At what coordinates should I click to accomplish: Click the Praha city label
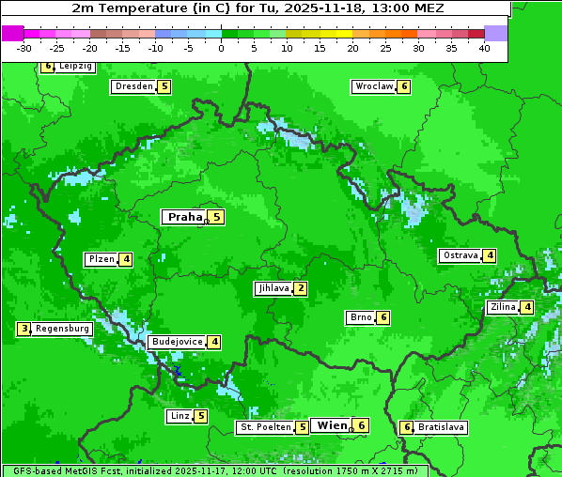[x=184, y=217]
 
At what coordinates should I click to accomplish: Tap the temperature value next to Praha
[x=216, y=217]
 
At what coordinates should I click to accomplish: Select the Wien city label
[x=331, y=425]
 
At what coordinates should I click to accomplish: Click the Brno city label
[x=360, y=317]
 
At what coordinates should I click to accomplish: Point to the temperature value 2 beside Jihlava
[x=300, y=288]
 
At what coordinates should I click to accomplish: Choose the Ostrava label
[x=460, y=255]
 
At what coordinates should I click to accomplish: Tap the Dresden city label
[x=133, y=86]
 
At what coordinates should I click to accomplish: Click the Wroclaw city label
[x=373, y=86]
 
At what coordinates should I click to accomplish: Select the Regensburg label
[x=63, y=329]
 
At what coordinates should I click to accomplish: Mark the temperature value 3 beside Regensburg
[x=24, y=329]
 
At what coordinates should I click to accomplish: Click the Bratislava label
[x=441, y=427]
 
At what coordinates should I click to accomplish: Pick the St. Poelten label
[x=264, y=427]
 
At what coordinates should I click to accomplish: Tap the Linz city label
[x=179, y=416]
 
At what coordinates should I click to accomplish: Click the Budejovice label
[x=176, y=342]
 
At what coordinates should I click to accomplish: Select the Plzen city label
[x=101, y=259]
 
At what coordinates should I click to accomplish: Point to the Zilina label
[x=502, y=307]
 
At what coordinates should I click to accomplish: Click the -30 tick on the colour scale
[x=24, y=48]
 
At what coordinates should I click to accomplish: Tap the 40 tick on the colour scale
[x=484, y=48]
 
